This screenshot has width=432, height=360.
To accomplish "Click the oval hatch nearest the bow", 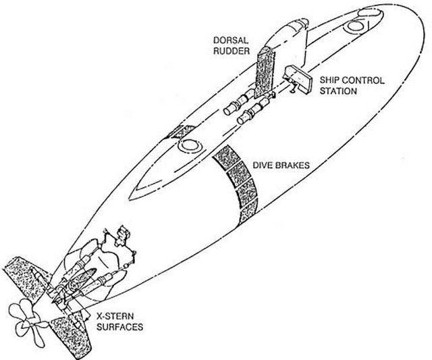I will pos(355,26).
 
